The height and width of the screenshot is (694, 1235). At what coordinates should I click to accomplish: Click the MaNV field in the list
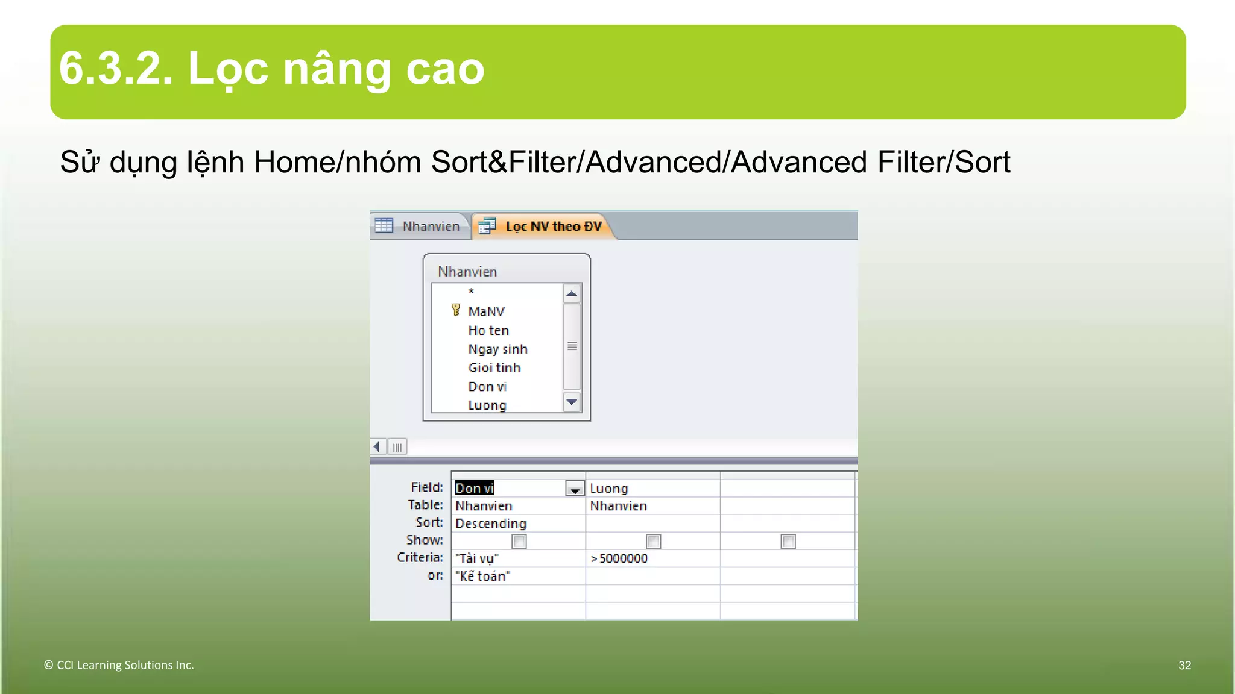pos(486,311)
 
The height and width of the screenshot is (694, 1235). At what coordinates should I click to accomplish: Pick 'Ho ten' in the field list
pos(488,330)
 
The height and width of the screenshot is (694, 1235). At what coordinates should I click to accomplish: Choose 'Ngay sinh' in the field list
pos(497,349)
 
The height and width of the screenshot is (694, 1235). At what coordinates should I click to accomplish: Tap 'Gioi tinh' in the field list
pos(494,368)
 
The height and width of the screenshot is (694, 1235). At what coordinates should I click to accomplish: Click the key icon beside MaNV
pos(456,310)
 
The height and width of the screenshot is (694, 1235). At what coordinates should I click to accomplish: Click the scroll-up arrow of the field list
pos(572,294)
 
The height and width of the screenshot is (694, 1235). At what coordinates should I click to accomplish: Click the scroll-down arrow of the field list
pos(572,402)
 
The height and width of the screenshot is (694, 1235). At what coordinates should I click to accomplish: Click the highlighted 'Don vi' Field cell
pos(475,488)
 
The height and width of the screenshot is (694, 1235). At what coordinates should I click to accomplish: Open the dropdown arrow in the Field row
pos(575,489)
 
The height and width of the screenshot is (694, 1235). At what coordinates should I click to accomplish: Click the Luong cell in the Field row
pos(609,489)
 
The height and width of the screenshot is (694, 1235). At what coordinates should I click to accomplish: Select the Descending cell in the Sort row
pos(491,524)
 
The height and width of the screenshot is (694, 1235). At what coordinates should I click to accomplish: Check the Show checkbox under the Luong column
pos(653,541)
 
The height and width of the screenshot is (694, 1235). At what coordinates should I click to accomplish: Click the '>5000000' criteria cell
pos(619,558)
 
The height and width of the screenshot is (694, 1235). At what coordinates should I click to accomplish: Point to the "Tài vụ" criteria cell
pos(477,558)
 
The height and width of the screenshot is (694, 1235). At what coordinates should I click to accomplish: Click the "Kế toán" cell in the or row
pos(482,576)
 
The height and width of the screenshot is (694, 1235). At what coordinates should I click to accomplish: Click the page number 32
pos(1184,665)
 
